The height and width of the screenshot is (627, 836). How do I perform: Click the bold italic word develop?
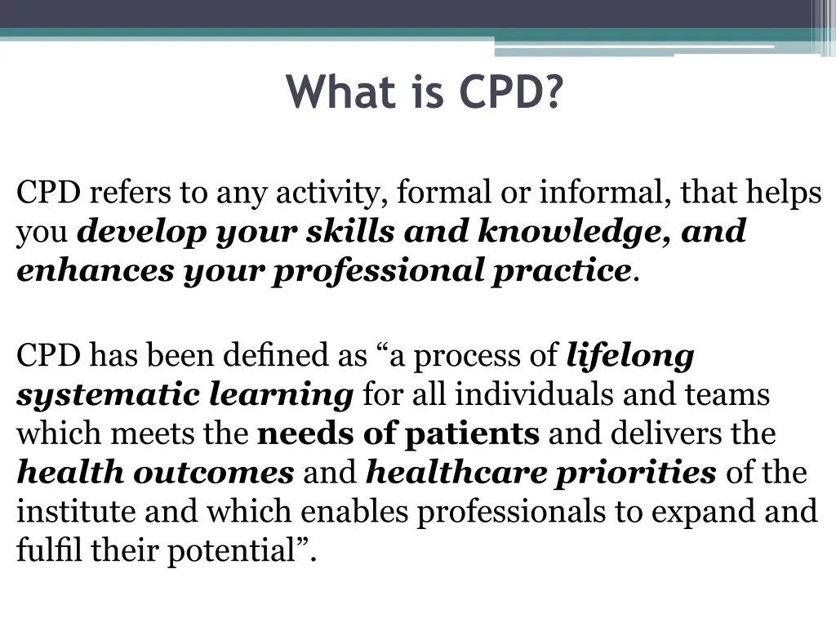coord(142,232)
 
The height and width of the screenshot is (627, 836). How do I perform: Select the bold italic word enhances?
coord(95,270)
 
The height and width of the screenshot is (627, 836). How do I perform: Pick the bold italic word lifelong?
coord(629,356)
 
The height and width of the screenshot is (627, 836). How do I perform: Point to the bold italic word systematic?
coord(108,395)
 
